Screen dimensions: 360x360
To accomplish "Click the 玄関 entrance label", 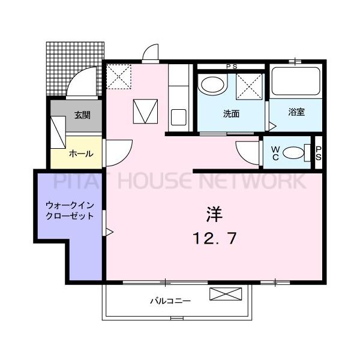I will tap(82, 115).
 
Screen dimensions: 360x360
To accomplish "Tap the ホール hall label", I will tap(81, 153).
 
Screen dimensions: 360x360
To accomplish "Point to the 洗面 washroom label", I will tap(232, 113).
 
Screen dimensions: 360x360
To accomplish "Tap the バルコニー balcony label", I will tap(170, 301).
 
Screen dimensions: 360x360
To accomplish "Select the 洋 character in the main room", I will tap(214, 214).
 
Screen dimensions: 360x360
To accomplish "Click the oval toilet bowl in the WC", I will tap(293, 153).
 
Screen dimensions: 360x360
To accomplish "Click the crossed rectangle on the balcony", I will tap(227, 295).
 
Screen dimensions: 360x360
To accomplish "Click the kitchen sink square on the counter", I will tap(179, 116).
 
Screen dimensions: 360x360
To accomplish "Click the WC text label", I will tap(275, 152).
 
